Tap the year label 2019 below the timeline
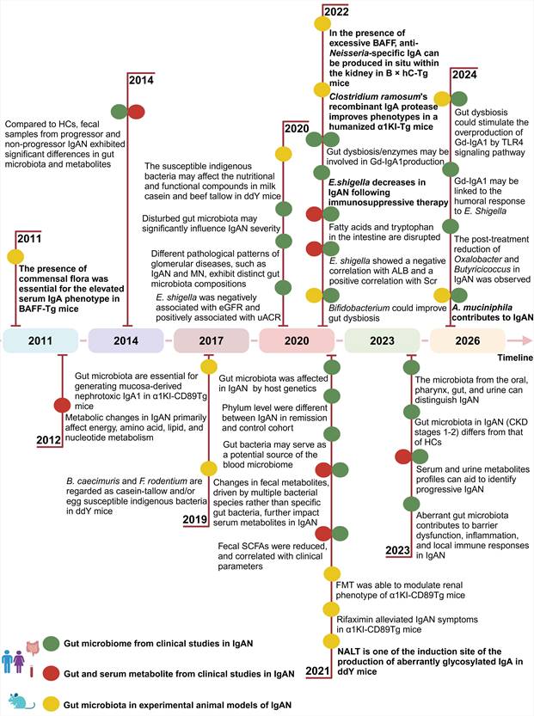(x=197, y=519)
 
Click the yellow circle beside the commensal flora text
(x=15, y=256)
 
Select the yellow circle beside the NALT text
(x=329, y=641)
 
